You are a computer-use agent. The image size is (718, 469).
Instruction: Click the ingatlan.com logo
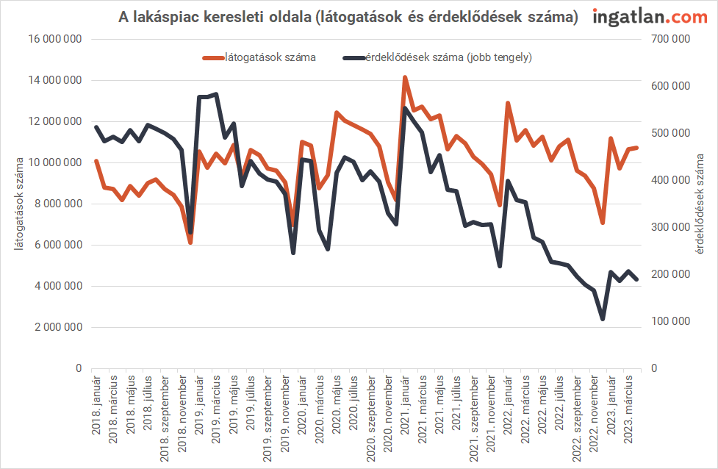649,17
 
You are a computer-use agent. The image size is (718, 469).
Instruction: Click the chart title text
348,17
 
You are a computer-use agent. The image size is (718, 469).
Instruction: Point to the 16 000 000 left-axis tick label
53,40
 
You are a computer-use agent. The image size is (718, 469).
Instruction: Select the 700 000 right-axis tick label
670,40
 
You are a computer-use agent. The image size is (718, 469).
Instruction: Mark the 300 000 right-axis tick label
670,227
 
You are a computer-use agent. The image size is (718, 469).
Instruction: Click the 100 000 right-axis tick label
670,321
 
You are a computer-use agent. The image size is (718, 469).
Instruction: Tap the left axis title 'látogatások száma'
19,204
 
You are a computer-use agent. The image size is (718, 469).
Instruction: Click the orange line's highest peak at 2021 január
405,77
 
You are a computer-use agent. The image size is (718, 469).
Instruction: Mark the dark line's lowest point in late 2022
603,319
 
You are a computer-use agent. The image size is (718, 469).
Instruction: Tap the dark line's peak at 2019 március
216,94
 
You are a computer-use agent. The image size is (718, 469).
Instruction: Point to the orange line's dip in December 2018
190,242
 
